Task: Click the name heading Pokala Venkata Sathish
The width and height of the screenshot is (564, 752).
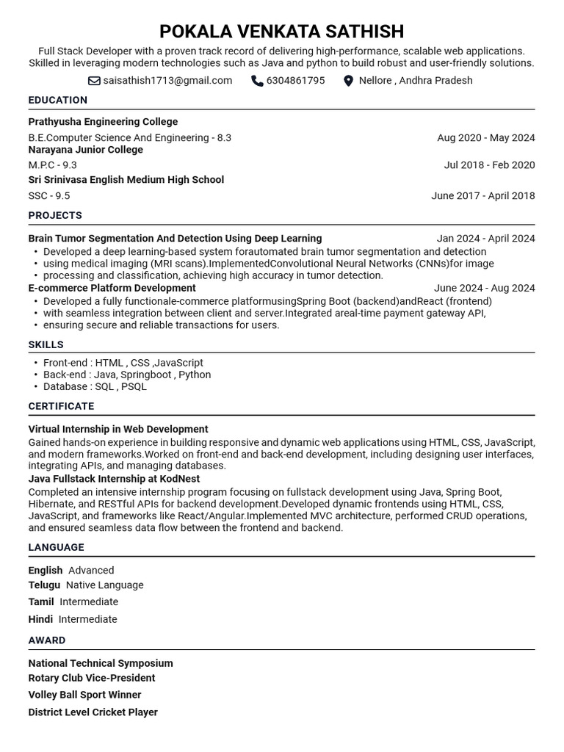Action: (281, 32)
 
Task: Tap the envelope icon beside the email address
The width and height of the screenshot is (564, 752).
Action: (94, 81)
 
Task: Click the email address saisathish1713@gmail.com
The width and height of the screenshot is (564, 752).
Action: (167, 81)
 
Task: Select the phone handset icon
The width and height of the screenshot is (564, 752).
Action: (257, 81)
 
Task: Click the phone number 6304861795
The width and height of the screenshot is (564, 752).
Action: (295, 81)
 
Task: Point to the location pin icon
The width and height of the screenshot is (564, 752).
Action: (348, 81)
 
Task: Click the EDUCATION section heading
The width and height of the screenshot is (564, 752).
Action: (57, 100)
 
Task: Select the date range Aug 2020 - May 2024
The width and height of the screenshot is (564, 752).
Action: (485, 137)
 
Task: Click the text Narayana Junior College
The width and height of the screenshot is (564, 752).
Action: (85, 150)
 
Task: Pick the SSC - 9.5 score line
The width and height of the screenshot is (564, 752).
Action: (49, 195)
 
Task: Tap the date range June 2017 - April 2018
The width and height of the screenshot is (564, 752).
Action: (482, 195)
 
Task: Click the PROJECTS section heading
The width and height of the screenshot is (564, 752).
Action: (55, 215)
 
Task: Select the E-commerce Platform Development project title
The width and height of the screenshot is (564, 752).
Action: (112, 288)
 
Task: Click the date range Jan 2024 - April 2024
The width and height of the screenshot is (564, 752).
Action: (485, 239)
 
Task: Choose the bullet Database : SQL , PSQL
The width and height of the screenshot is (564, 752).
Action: (95, 386)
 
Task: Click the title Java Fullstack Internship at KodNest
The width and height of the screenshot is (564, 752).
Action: (114, 479)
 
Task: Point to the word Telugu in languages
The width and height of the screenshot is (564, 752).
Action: (44, 585)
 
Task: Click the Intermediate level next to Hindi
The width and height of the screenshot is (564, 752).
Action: (87, 619)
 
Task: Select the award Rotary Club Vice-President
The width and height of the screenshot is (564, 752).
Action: (92, 678)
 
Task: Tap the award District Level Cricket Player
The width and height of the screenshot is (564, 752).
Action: (93, 712)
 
